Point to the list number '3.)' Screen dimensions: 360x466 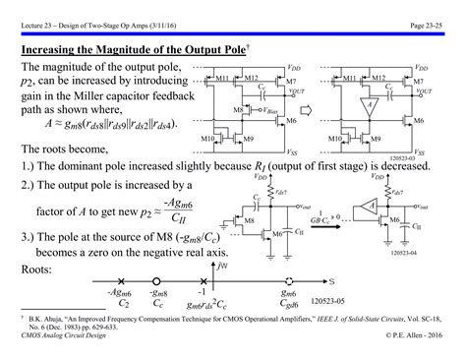pyautogui.click(x=30, y=237)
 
